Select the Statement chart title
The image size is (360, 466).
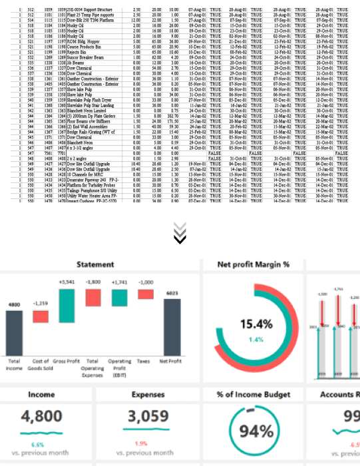(x=94, y=264)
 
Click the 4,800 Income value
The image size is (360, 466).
(x=41, y=417)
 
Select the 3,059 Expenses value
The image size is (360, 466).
(x=148, y=417)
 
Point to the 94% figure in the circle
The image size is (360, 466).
(x=256, y=431)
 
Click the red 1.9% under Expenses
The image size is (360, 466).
(x=141, y=444)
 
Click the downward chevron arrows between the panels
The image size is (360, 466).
(x=180, y=232)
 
